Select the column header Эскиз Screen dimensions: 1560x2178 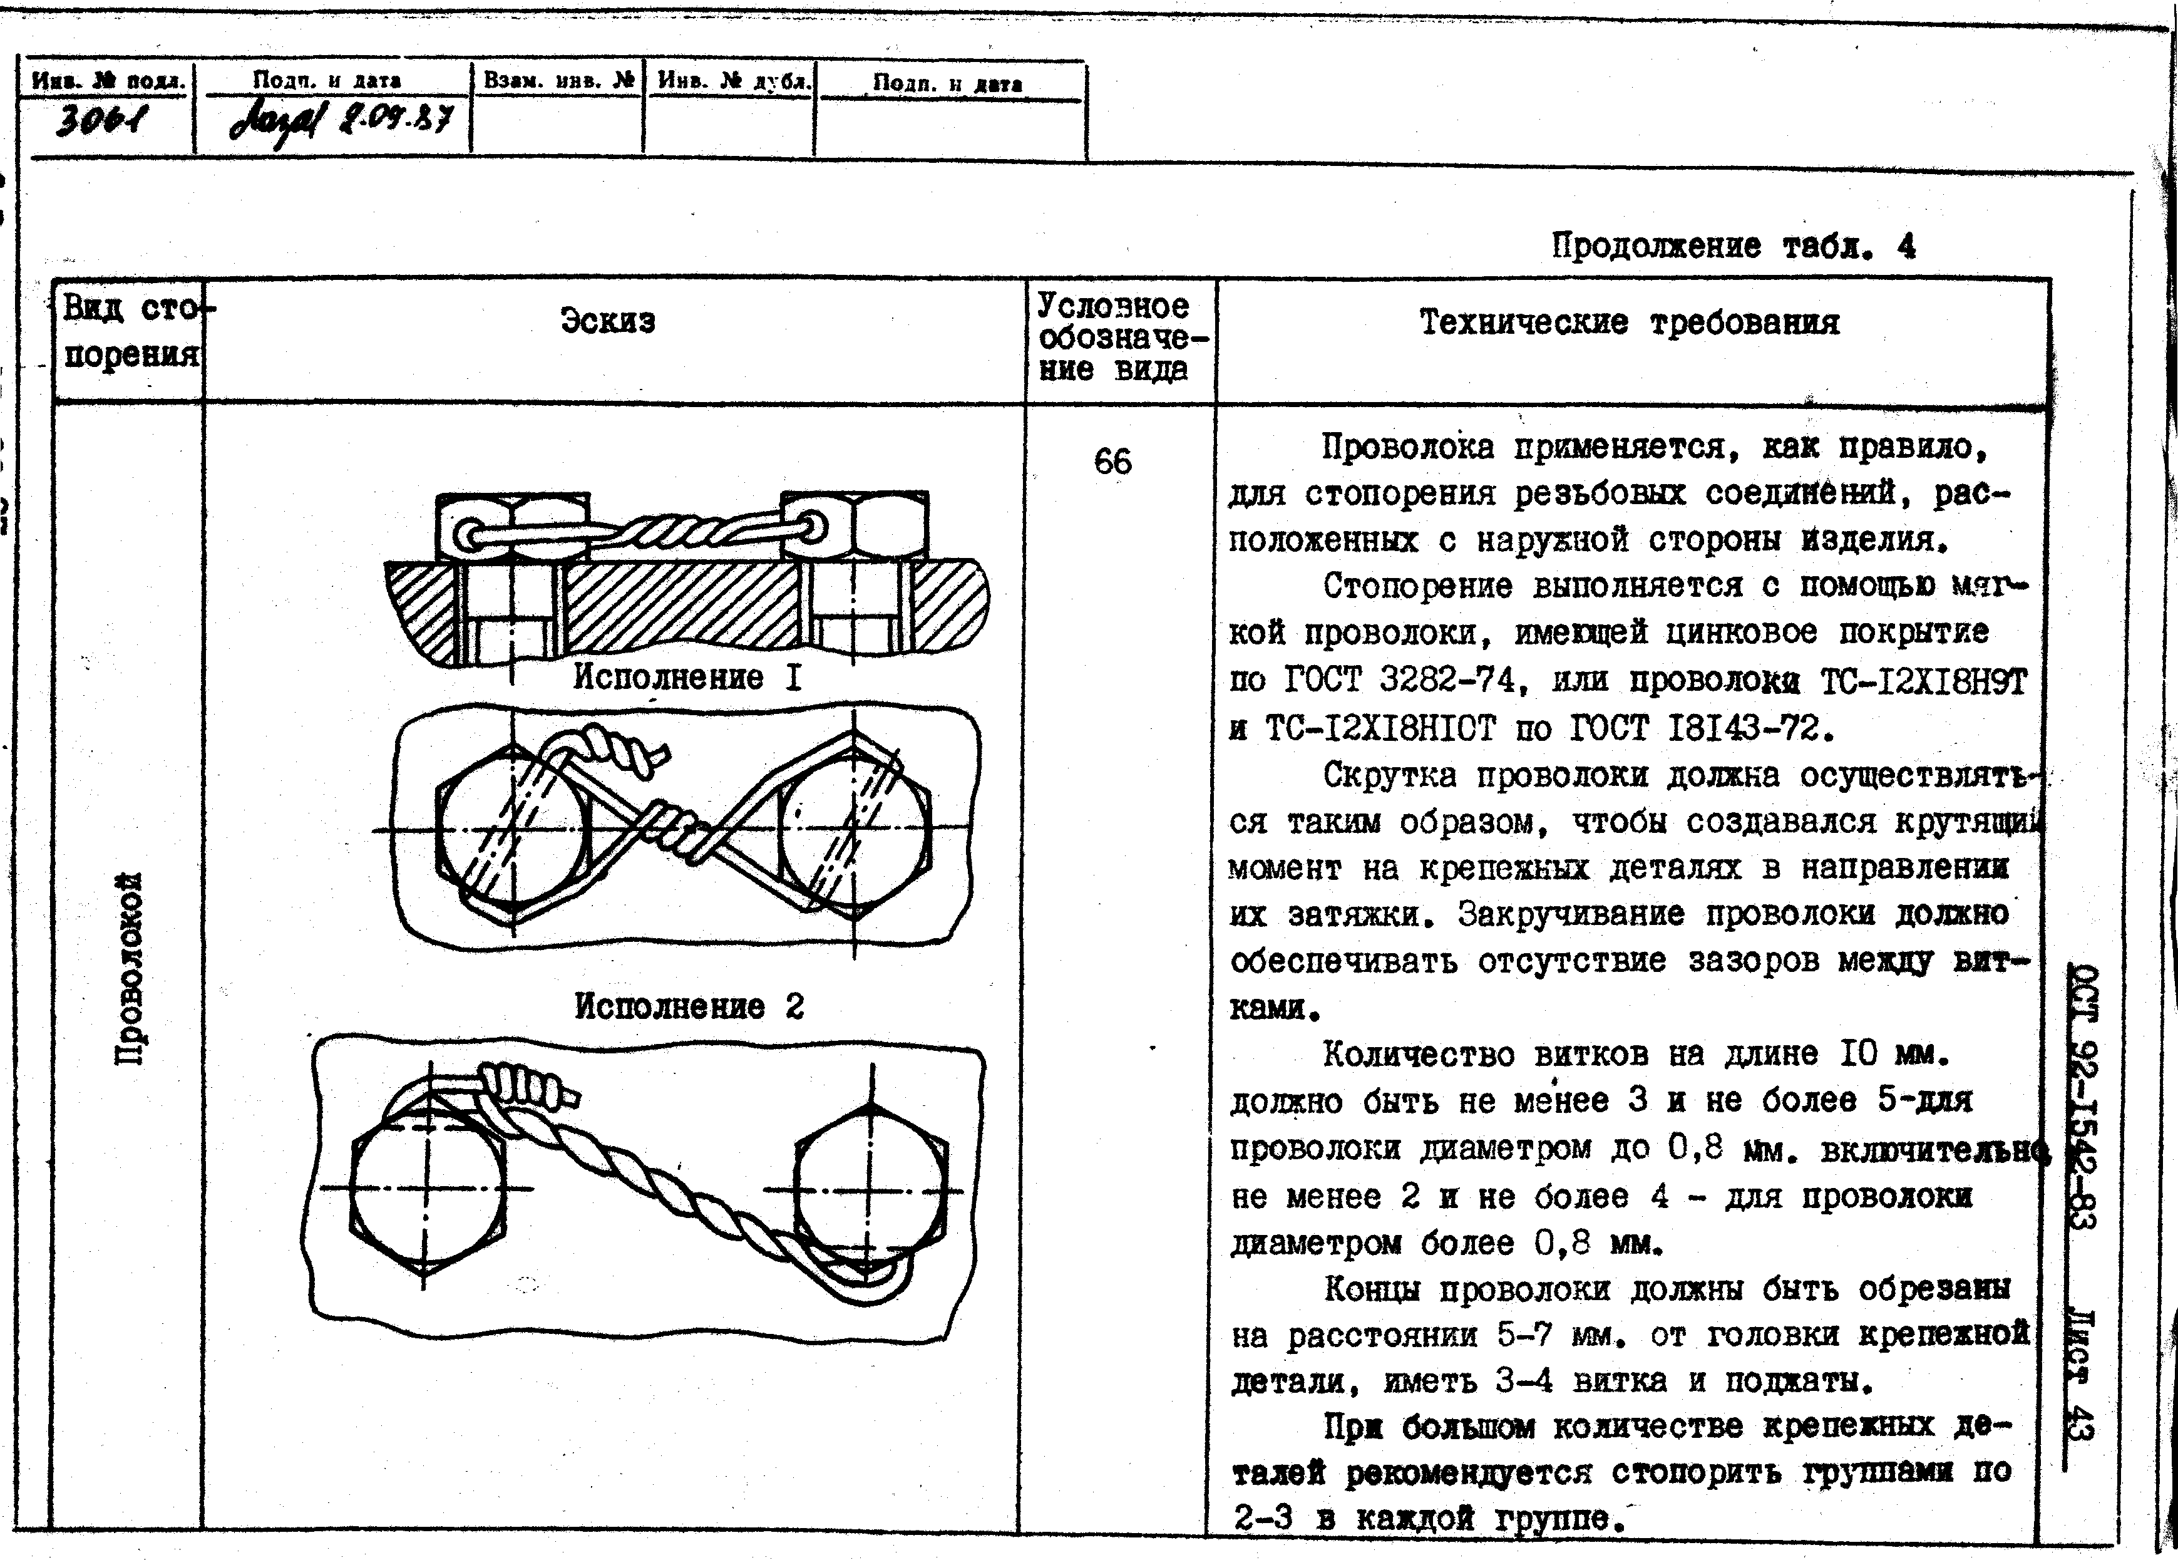pos(608,321)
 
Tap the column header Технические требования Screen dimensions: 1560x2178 pos(1630,323)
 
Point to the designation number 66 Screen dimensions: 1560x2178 pos(1113,462)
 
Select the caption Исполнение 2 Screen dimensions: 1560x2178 pos(689,1006)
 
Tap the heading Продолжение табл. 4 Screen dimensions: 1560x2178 pos(1734,247)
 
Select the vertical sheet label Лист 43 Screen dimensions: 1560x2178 pos(2080,1373)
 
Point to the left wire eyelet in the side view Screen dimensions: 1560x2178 pos(471,535)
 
